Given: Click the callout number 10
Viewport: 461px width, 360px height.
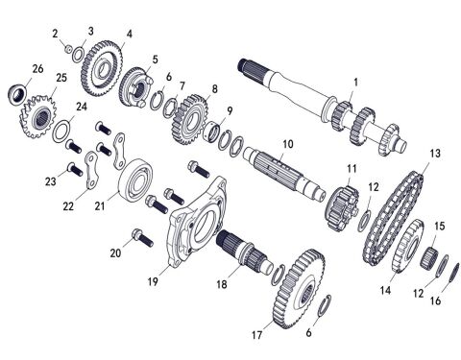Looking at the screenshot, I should coord(285,143).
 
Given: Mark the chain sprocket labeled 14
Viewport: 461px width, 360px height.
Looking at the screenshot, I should coord(404,251).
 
